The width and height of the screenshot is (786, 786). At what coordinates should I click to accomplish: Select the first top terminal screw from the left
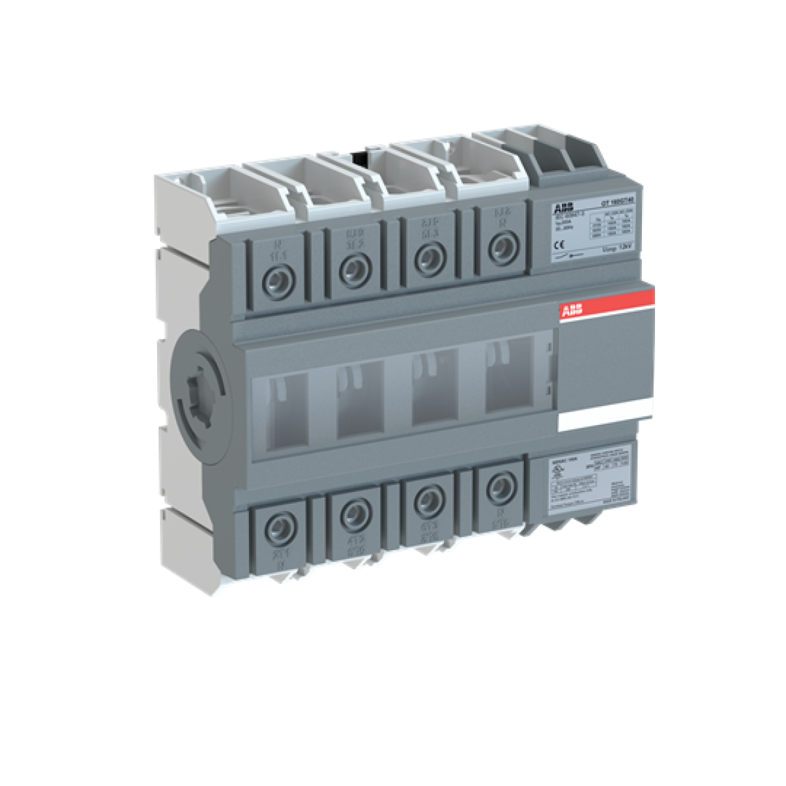[x=278, y=280]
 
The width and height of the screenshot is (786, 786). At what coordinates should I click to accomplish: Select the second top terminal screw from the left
[x=354, y=267]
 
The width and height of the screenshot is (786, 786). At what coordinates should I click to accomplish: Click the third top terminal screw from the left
[x=429, y=255]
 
